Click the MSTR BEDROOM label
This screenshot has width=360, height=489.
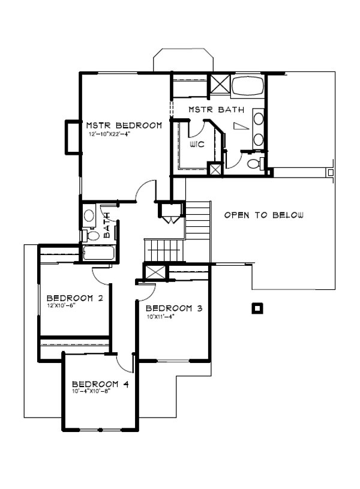124,125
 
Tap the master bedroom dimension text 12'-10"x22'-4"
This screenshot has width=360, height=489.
108,134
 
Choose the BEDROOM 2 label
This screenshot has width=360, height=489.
75,298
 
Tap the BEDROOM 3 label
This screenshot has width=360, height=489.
173,308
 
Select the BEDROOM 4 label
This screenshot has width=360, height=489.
101,384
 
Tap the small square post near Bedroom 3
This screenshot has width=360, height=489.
257,308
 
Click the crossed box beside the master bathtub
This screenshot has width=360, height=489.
218,83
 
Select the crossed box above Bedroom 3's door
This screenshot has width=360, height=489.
154,272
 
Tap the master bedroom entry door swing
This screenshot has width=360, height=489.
145,191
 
